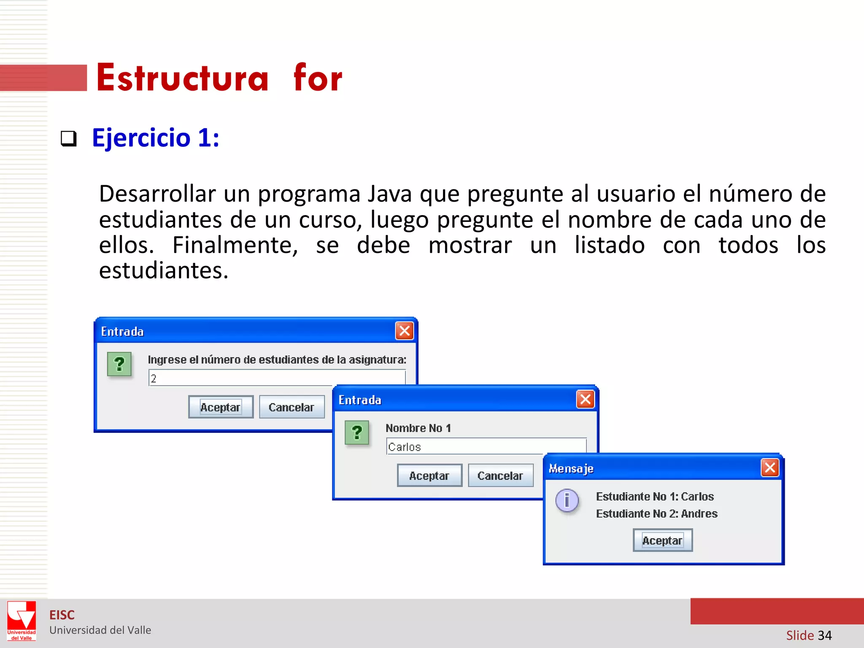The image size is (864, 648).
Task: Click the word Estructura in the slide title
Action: (x=182, y=78)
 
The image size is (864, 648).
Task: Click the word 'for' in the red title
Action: (x=318, y=78)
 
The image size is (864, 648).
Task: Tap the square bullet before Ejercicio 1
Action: (x=69, y=138)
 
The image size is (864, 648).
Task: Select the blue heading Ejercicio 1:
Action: (x=156, y=138)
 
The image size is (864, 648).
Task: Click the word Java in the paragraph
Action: (x=389, y=194)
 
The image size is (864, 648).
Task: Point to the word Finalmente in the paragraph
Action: (x=235, y=245)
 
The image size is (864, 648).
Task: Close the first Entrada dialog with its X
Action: (x=404, y=331)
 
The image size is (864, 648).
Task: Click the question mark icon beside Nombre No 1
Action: (x=357, y=432)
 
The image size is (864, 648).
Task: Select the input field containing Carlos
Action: (x=464, y=446)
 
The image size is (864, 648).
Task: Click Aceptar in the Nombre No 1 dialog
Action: (x=429, y=475)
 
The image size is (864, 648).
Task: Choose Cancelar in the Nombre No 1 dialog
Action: (x=500, y=475)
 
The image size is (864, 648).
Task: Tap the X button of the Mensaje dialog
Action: (x=770, y=467)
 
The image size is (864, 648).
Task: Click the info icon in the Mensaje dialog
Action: (x=567, y=500)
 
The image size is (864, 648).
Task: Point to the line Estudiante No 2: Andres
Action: (x=656, y=513)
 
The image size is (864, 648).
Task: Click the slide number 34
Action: (x=824, y=635)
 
